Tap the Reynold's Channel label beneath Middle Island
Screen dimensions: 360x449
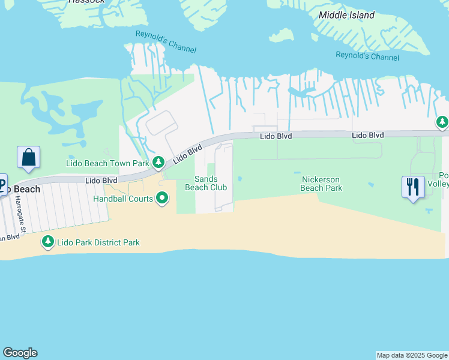pyautogui.click(x=367, y=56)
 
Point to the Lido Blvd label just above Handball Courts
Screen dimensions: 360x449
pyautogui.click(x=101, y=180)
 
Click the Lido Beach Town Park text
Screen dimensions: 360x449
pyautogui.click(x=107, y=163)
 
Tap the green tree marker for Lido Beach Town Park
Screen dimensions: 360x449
pyautogui.click(x=158, y=162)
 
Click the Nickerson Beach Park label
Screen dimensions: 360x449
pyautogui.click(x=321, y=184)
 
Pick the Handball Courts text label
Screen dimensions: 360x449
pyautogui.click(x=122, y=198)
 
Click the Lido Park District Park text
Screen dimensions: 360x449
pyautogui.click(x=98, y=242)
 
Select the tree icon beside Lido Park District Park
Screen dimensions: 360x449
pyautogui.click(x=47, y=242)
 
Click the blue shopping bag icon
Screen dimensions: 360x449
pyautogui.click(x=28, y=158)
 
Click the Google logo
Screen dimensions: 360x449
pyautogui.click(x=20, y=353)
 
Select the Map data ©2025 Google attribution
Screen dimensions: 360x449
pyautogui.click(x=412, y=355)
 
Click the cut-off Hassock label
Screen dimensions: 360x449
pyautogui.click(x=86, y=2)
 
